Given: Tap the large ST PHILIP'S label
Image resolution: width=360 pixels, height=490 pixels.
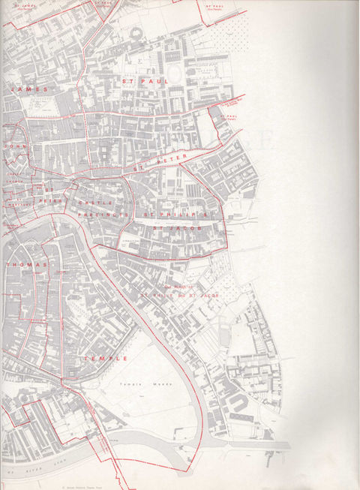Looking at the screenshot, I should point(179,215).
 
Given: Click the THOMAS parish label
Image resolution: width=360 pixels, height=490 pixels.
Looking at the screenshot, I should point(25,266).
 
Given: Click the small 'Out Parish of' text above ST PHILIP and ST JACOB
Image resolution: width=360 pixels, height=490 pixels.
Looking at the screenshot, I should point(178,287).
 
